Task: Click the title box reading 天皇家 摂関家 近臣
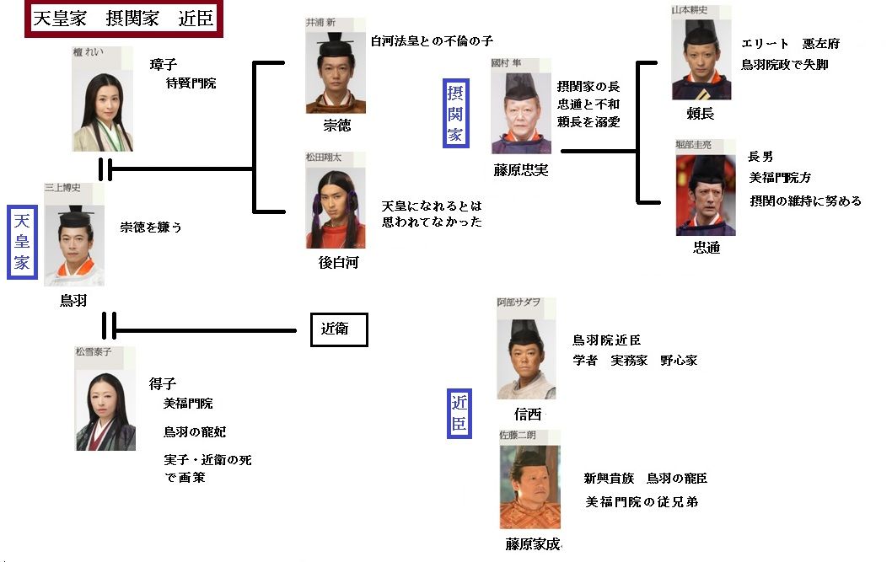[124, 19]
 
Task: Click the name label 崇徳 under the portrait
[337, 126]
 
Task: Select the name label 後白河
[338, 262]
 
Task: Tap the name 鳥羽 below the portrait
[73, 300]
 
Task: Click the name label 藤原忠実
[520, 170]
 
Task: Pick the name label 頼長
[701, 113]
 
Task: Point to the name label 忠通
[706, 249]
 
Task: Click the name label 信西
[527, 414]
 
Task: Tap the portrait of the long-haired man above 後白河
[336, 207]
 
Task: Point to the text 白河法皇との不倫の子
[431, 40]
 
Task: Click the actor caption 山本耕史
[689, 9]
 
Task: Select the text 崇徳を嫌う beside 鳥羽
[151, 227]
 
